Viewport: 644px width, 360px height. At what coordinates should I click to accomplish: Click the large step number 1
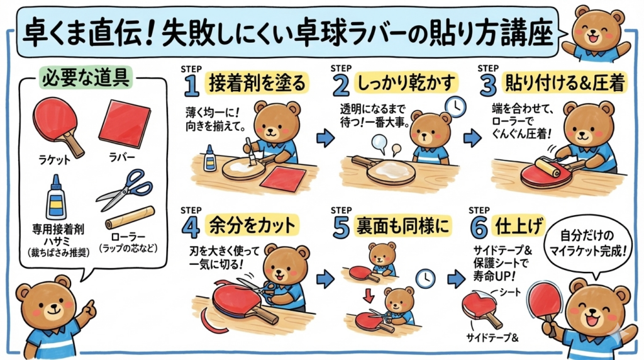pyautogui.click(x=191, y=86)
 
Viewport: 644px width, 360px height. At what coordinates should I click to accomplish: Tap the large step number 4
pyautogui.click(x=191, y=227)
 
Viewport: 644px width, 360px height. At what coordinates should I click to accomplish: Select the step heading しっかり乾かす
pyautogui.click(x=407, y=83)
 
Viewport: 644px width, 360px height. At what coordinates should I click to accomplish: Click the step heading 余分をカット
pyautogui.click(x=252, y=225)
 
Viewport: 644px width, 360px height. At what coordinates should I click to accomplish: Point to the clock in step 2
pyautogui.click(x=455, y=107)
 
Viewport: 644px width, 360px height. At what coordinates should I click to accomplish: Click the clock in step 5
pyautogui.click(x=426, y=279)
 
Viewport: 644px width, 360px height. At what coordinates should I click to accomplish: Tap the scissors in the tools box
pyautogui.click(x=125, y=189)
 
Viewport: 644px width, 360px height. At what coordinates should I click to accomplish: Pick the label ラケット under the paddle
pyautogui.click(x=55, y=160)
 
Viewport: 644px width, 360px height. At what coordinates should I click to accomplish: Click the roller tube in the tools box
pyautogui.click(x=130, y=217)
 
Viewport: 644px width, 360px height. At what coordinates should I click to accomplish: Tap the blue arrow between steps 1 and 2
pyautogui.click(x=325, y=138)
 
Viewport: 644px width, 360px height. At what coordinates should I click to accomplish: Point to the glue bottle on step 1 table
pyautogui.click(x=209, y=158)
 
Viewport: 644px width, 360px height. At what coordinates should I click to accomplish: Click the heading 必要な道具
pyautogui.click(x=86, y=77)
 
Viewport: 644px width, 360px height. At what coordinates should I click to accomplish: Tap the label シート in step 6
pyautogui.click(x=509, y=293)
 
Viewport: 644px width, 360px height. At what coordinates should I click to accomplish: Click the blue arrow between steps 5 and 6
pyautogui.click(x=456, y=279)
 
